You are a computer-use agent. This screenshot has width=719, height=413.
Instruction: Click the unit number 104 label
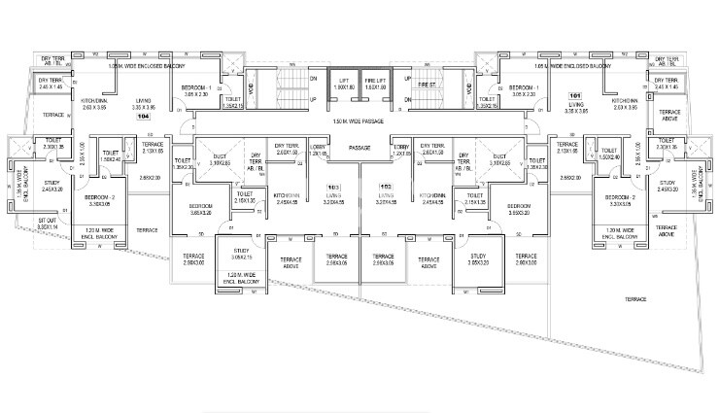(x=144, y=117)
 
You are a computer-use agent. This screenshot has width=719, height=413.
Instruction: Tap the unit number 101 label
(x=574, y=95)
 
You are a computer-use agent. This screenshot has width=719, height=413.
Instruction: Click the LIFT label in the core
(x=343, y=81)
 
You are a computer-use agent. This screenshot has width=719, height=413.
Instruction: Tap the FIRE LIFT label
(x=375, y=81)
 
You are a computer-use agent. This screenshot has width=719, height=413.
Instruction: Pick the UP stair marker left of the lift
(x=312, y=99)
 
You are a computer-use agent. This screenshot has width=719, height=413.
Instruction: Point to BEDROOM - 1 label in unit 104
(x=199, y=87)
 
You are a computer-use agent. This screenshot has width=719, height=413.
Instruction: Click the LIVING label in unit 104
(x=144, y=100)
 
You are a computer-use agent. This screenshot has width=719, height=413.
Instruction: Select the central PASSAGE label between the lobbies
(x=359, y=148)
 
